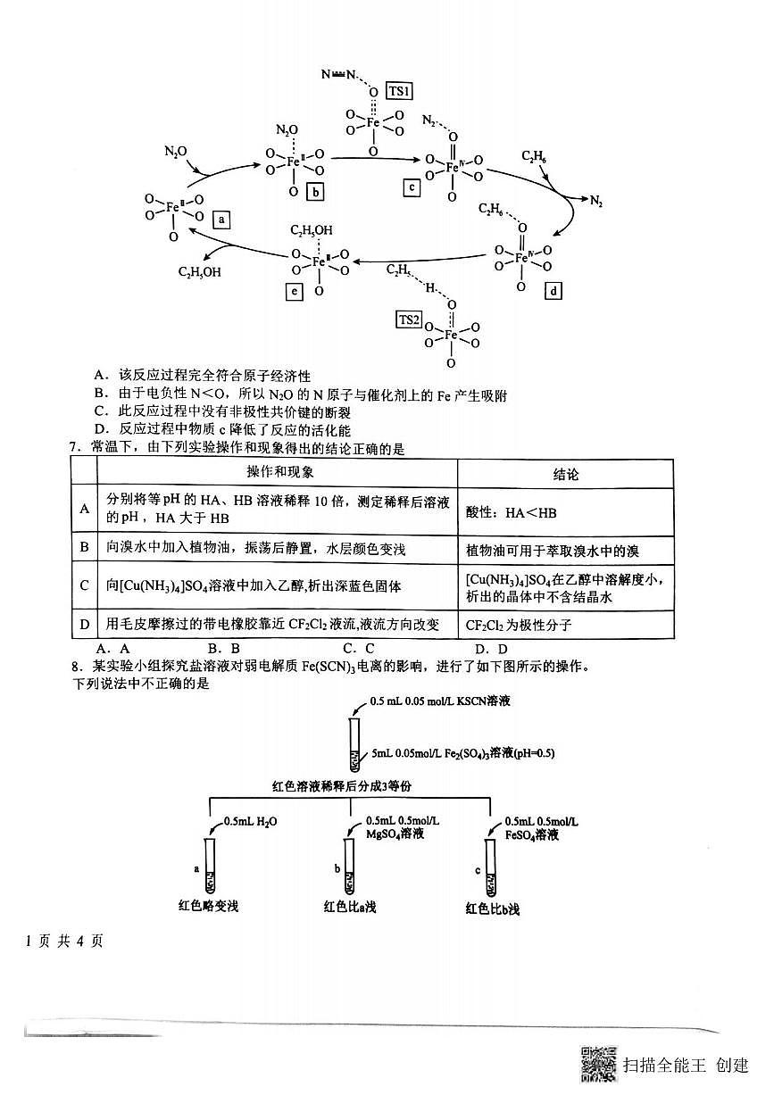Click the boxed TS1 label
(x=399, y=91)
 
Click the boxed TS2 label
(x=409, y=319)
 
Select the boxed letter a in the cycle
(x=221, y=218)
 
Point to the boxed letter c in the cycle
(x=411, y=187)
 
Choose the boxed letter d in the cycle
(x=553, y=291)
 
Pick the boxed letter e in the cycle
(x=293, y=291)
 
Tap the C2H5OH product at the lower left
(x=200, y=272)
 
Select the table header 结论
(x=565, y=474)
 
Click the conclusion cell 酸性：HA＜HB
(x=512, y=512)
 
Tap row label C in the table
(x=84, y=585)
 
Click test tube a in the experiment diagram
(x=210, y=865)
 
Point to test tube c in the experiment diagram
(x=490, y=867)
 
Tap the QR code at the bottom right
(x=598, y=1063)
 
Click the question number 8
(x=79, y=667)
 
